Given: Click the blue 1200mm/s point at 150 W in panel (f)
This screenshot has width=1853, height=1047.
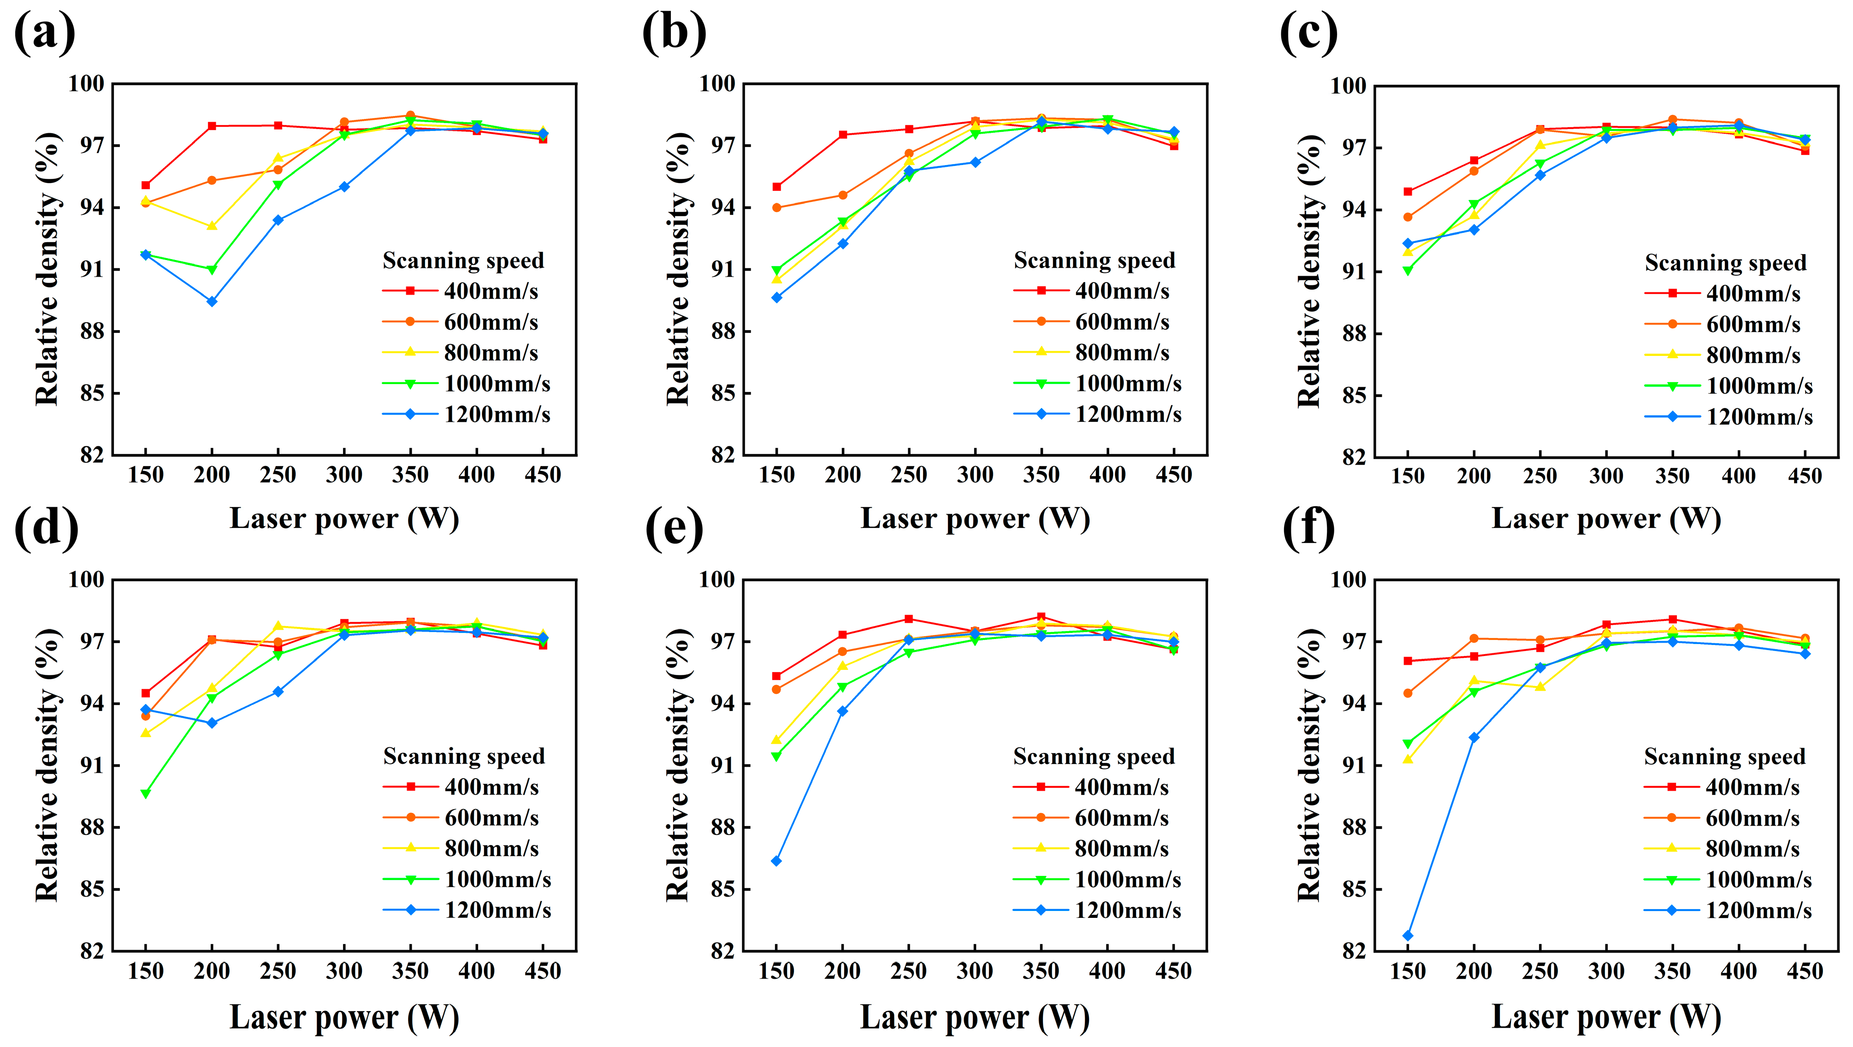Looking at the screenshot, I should point(1408,935).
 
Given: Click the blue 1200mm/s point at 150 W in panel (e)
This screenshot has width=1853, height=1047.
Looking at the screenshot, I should point(776,861).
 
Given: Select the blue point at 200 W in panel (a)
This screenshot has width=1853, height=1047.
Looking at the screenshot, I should point(212,302).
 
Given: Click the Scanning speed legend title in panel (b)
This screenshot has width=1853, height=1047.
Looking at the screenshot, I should point(1094,260).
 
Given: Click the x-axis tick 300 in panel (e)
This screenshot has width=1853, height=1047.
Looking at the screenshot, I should point(975,971).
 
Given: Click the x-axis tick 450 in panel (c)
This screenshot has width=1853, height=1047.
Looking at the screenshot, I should point(1804,476).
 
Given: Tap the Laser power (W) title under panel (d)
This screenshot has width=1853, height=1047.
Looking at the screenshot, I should point(344,1017).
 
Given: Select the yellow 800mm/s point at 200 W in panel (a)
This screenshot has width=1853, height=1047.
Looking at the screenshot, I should point(212,226).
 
